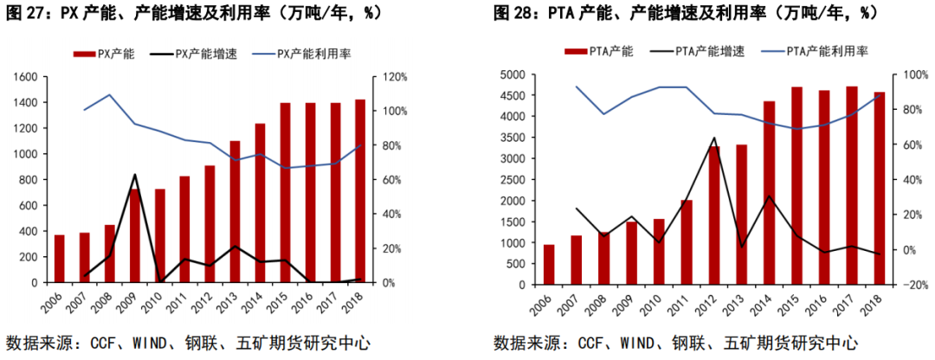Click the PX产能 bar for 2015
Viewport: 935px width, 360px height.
(286, 192)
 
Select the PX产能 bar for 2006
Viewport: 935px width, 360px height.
(60, 258)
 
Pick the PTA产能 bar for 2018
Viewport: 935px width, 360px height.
(879, 188)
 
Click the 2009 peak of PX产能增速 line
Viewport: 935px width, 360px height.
(134, 175)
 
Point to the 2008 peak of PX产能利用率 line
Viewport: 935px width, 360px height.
(109, 95)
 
